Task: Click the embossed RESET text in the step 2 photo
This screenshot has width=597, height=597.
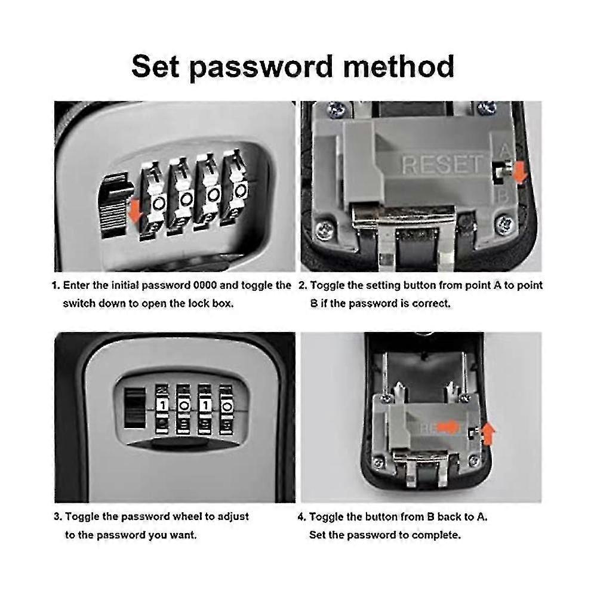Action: click(x=442, y=164)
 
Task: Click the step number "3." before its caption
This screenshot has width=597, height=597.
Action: click(x=58, y=516)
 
